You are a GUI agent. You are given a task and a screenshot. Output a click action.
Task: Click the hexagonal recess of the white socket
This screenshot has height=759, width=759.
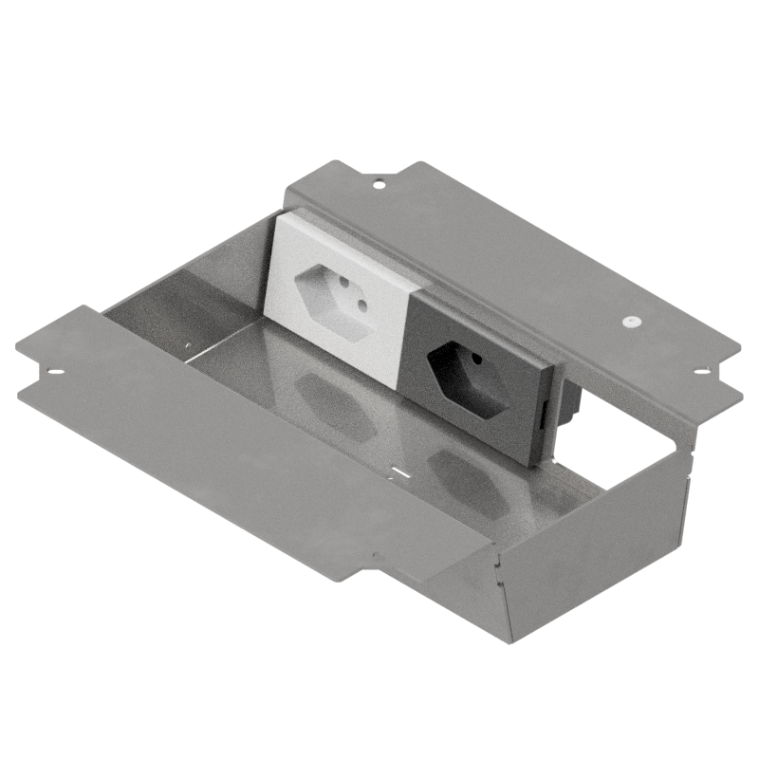point(333,302)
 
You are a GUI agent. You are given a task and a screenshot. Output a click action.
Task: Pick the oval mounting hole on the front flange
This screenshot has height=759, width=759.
point(54,369)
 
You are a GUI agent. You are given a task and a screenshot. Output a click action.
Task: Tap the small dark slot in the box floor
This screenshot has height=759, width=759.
point(399,472)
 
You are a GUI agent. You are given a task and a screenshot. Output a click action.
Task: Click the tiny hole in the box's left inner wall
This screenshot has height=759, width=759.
point(189,344)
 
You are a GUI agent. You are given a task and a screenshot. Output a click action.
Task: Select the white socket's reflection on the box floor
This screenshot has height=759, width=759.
point(332,403)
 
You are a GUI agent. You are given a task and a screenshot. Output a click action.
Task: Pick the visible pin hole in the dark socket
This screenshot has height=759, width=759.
point(473,360)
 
